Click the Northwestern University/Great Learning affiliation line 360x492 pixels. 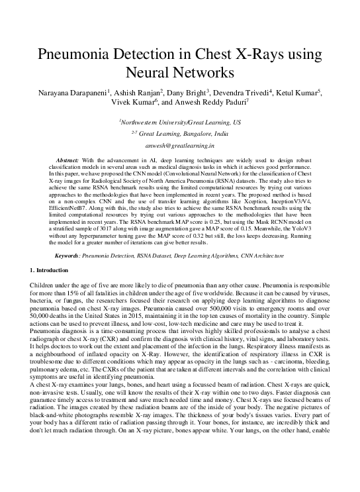[x=179, y=123]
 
